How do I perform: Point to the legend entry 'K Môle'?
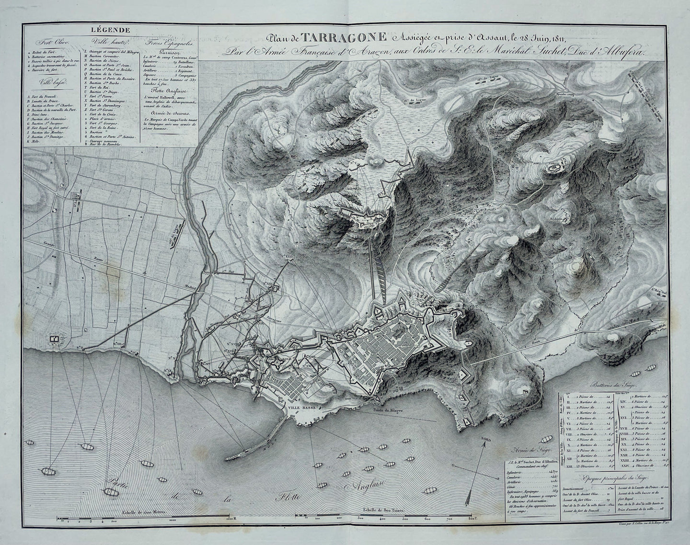(35, 142)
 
